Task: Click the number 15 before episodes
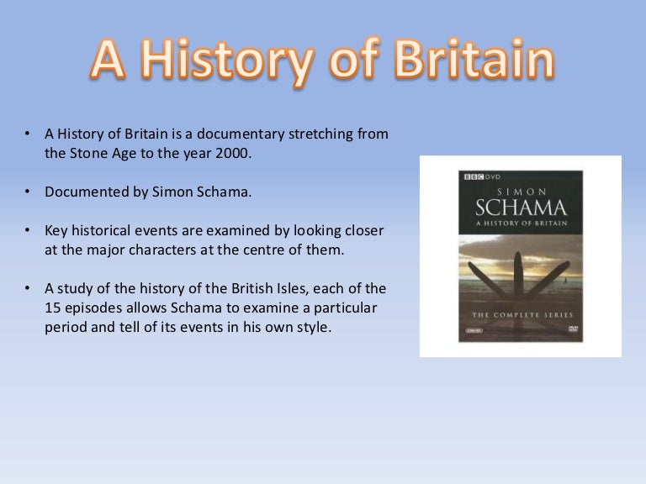(x=53, y=308)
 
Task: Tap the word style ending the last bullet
(x=313, y=327)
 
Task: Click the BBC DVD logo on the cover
(x=477, y=176)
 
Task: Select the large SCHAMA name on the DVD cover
(x=521, y=205)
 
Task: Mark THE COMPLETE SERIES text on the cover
(x=520, y=314)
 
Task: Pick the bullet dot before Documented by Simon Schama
(x=27, y=192)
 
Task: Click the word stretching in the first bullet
(x=320, y=134)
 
